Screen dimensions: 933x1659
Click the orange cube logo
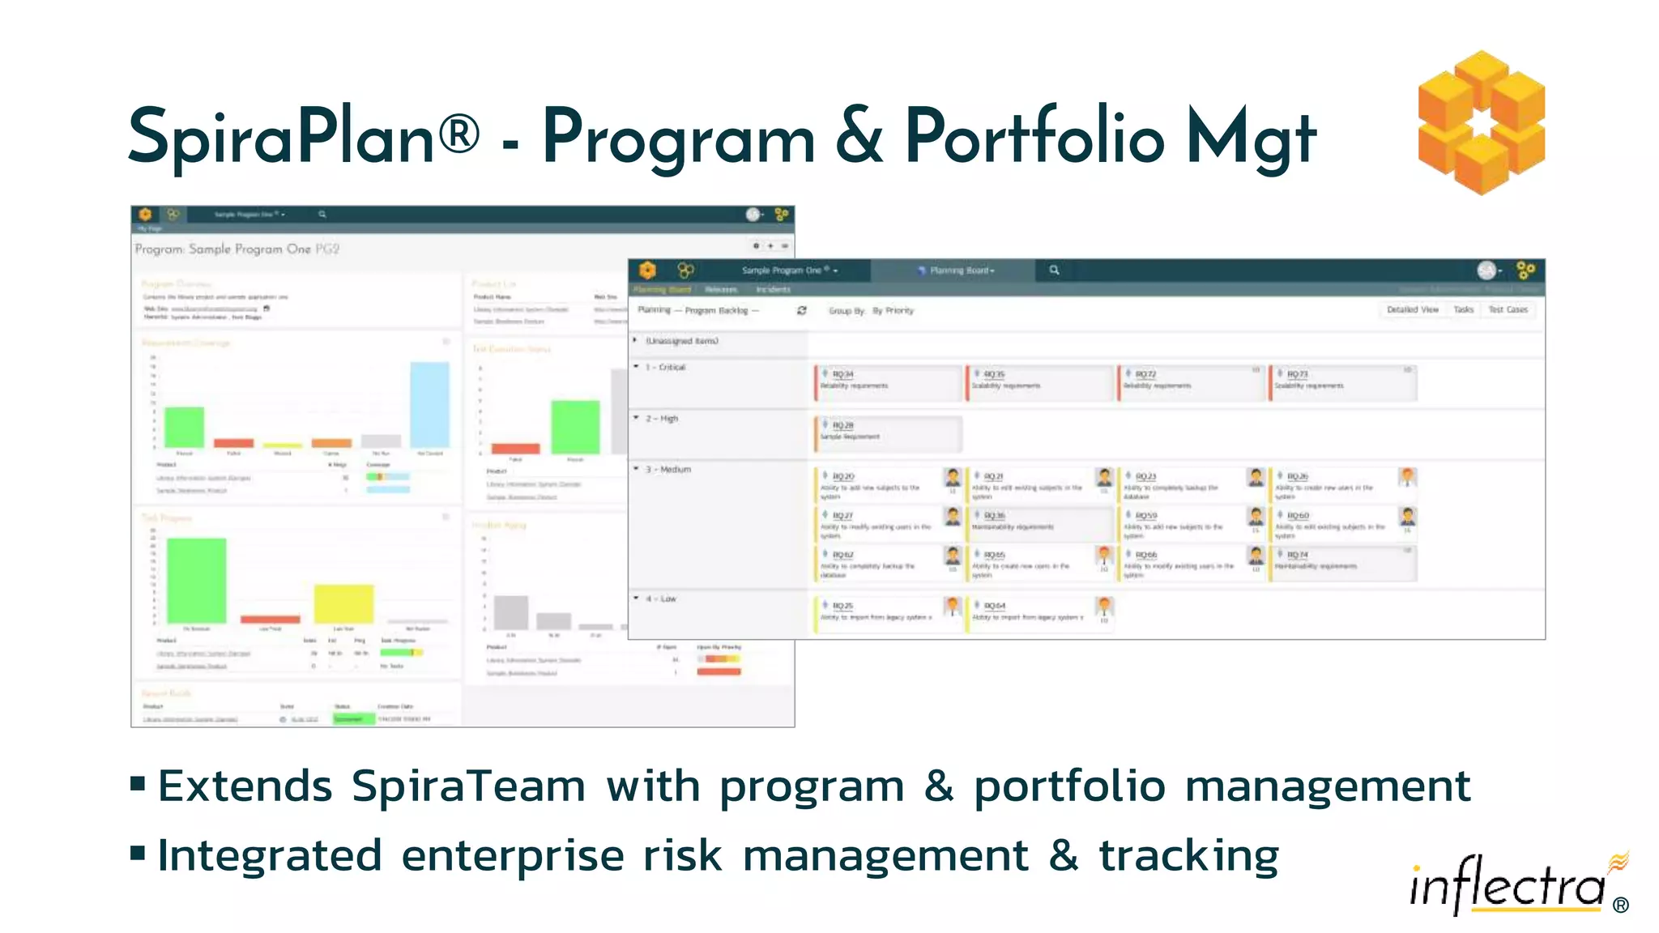[1481, 122]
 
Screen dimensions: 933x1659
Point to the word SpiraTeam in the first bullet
[468, 786]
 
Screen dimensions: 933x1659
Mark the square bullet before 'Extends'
[138, 783]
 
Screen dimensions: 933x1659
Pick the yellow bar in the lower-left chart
[343, 603]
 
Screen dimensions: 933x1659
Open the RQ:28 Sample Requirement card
[888, 432]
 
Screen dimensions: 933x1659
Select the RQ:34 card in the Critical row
[888, 381]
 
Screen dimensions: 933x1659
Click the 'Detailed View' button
[1412, 310]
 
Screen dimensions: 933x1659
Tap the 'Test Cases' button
[1508, 310]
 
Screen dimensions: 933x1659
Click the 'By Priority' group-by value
[893, 311]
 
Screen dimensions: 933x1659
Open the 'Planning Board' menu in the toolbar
[961, 271]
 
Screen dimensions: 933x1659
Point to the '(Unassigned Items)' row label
[681, 341]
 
